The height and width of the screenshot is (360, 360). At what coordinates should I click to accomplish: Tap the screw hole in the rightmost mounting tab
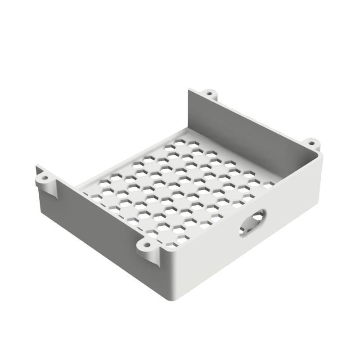pos(312,144)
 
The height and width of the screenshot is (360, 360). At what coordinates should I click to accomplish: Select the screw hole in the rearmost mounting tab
pos(209,94)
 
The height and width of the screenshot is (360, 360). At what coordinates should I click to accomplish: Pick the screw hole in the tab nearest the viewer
pos(146,245)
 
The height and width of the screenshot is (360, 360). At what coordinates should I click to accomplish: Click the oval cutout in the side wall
pos(252,223)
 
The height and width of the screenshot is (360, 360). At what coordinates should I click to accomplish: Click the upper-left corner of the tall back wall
pos(189,90)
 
